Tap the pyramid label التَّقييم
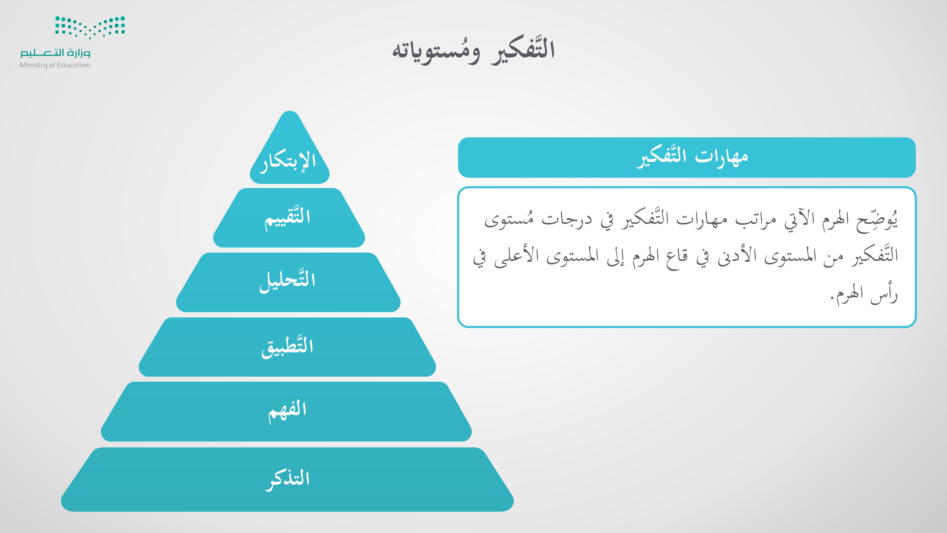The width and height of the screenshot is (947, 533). click(288, 218)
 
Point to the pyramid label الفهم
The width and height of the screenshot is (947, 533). click(287, 411)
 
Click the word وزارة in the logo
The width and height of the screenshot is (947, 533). click(79, 53)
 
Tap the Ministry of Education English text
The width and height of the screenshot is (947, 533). click(55, 65)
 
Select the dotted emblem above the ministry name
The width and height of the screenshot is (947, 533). click(90, 27)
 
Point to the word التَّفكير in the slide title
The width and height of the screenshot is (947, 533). click(523, 50)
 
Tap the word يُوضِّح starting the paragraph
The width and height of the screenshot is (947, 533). click(877, 220)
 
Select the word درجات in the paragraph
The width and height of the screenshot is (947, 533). click(567, 220)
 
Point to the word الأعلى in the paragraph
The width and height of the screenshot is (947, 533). click(516, 256)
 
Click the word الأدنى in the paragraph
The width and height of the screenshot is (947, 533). click(737, 256)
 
